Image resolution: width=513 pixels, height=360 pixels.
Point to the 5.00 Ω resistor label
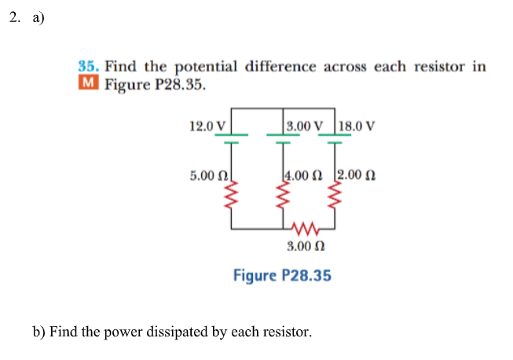click(207, 175)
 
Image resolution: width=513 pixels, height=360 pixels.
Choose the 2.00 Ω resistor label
click(357, 175)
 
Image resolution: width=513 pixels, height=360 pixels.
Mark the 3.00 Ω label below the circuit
click(306, 247)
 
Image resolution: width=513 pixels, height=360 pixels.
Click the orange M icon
click(88, 83)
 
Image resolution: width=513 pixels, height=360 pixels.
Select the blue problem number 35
click(88, 67)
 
